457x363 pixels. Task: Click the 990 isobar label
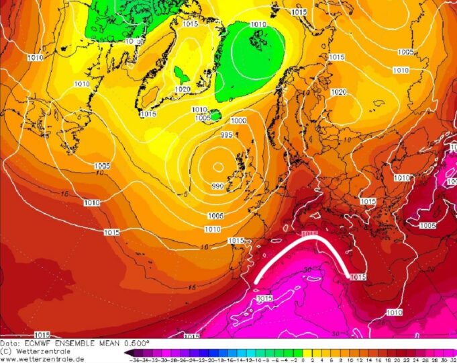pos(217,186)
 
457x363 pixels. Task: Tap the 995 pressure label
pos(226,135)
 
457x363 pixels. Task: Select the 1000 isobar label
pos(238,121)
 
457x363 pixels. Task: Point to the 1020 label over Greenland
pos(182,89)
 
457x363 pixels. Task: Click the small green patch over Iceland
pos(216,115)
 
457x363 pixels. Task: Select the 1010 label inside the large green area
pos(258,25)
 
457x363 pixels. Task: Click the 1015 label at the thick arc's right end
pos(358,276)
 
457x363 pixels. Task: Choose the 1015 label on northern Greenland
pos(190,24)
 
